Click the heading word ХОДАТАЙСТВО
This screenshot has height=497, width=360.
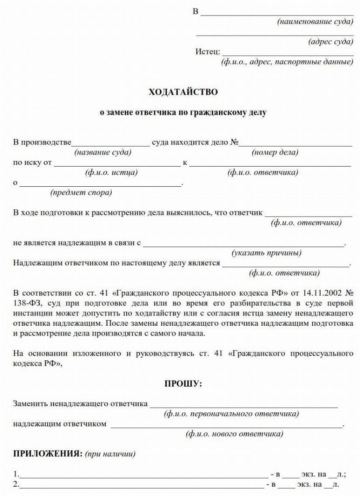183,92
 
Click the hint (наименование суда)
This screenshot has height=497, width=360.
315,22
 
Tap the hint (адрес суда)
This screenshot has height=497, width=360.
331,42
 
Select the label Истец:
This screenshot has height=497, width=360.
208,51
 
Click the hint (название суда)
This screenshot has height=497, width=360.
103,153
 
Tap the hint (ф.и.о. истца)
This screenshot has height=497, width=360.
111,173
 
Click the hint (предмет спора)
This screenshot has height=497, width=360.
81,192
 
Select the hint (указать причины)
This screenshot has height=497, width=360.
266,253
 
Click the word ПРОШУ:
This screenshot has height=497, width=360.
183,384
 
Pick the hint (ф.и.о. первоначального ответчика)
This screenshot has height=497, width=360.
231,414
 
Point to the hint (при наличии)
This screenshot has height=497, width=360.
110,454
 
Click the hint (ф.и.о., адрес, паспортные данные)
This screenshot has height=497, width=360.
287,62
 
